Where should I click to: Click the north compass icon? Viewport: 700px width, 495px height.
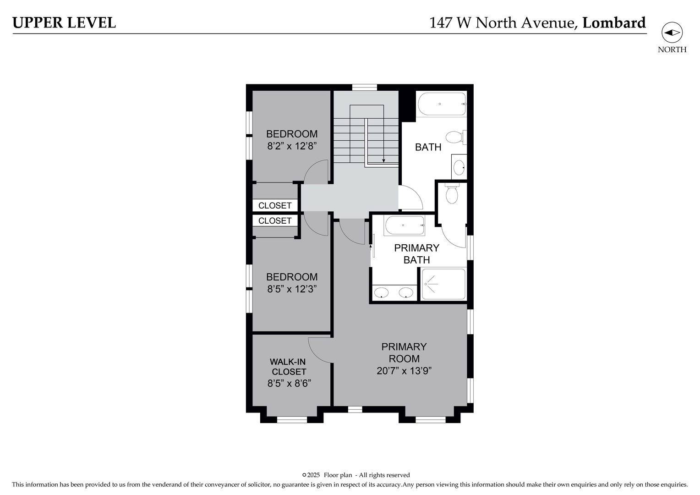[x=672, y=33]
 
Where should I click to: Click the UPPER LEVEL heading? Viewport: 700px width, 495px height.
[x=64, y=22]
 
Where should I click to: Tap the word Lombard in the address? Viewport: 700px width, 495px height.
[x=614, y=22]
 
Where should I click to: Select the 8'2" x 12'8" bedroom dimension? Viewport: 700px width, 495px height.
[x=292, y=146]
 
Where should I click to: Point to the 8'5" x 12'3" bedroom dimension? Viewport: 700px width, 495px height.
[x=292, y=289]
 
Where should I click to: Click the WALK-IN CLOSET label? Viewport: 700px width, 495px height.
[x=288, y=367]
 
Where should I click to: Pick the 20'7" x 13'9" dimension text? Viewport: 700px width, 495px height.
[x=404, y=371]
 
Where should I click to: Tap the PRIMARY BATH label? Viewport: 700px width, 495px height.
[x=416, y=253]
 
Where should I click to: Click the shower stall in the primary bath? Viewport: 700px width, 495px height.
[x=443, y=284]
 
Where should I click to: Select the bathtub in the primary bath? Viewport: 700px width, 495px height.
[x=405, y=225]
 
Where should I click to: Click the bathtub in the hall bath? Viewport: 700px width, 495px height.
[x=441, y=104]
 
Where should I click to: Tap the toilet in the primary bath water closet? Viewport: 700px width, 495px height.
[x=452, y=194]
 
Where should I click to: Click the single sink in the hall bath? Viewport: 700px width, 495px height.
[x=459, y=167]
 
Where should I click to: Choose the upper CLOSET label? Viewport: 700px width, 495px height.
[x=275, y=205]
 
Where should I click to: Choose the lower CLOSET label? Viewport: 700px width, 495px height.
[x=275, y=220]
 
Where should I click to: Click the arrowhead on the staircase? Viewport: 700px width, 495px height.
[x=383, y=160]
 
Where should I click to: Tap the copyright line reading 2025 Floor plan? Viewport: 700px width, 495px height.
[x=356, y=475]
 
